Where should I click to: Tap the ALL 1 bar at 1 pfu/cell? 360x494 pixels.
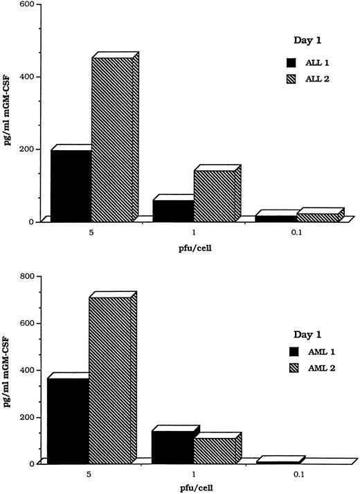point(173,210)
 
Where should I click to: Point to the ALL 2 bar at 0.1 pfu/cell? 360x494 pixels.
point(318,217)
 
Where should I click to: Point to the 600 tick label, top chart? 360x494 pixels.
point(27,6)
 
